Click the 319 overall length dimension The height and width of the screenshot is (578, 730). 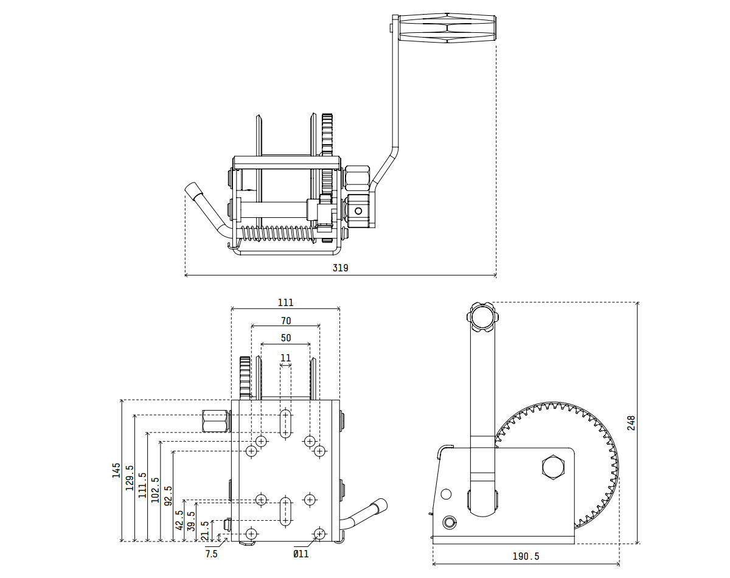(340, 268)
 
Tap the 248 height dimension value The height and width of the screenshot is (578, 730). (631, 423)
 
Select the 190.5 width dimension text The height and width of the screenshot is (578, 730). (526, 556)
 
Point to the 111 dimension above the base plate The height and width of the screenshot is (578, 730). (285, 302)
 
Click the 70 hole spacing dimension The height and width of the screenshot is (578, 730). (285, 321)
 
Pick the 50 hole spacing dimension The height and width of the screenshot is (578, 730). (285, 338)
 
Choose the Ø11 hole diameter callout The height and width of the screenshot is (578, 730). (301, 554)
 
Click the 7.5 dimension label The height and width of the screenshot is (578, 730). (211, 554)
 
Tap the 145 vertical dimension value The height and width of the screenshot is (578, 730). (116, 470)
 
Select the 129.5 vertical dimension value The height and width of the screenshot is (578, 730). (129, 478)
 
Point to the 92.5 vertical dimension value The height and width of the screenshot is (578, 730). (169, 496)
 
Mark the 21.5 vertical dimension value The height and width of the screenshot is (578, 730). (205, 531)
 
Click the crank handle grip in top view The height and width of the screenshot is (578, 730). (447, 29)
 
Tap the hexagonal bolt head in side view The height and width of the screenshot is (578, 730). (553, 467)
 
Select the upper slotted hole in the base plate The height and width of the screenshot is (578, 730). (285, 423)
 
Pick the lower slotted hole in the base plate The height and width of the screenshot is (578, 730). (285, 510)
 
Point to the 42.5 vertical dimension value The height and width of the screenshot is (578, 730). (179, 521)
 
